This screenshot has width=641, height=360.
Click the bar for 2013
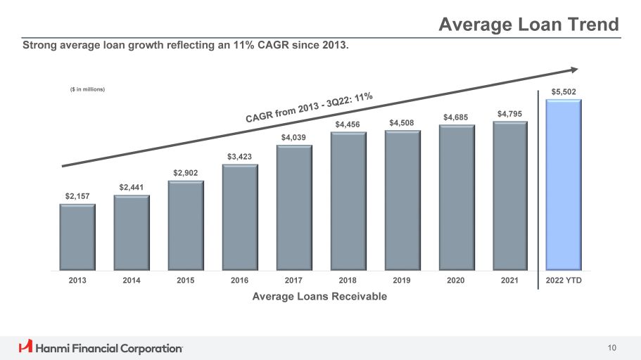pyautogui.click(x=77, y=237)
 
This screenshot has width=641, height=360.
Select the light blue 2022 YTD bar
pyautogui.click(x=563, y=184)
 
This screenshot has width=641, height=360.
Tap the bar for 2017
pyautogui.click(x=293, y=207)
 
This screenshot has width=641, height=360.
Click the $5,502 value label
pyautogui.click(x=563, y=91)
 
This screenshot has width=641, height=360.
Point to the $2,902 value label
pyautogui.click(x=186, y=173)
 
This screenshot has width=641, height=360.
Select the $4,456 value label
pyautogui.click(x=348, y=124)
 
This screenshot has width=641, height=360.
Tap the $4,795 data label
pyautogui.click(x=509, y=113)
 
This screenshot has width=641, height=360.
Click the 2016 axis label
pyautogui.click(x=239, y=281)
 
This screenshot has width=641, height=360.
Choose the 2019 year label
pyautogui.click(x=402, y=281)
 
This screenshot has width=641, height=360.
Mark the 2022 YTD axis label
pyautogui.click(x=564, y=281)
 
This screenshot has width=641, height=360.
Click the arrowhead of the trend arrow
pyautogui.click(x=573, y=70)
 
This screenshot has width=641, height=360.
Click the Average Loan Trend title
pyautogui.click(x=528, y=25)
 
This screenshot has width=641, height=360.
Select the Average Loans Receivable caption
pyautogui.click(x=319, y=296)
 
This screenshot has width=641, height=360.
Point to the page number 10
pyautogui.click(x=611, y=347)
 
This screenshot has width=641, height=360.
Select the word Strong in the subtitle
pyautogui.click(x=40, y=46)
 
